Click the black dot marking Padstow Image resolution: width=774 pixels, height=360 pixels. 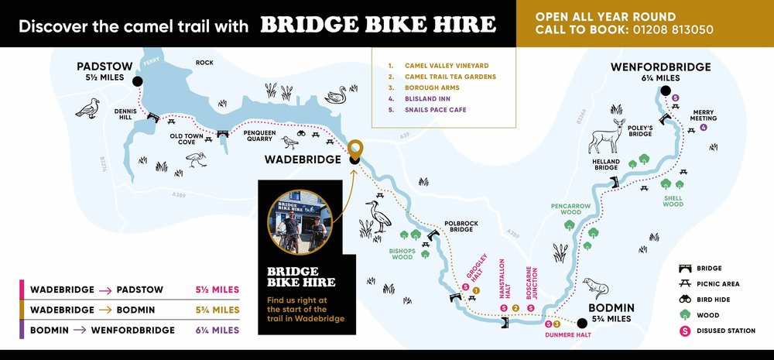137,81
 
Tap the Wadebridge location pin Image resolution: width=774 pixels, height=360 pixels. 354,149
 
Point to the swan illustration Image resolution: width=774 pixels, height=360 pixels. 336,95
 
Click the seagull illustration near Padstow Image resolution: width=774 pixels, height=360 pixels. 88,108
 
